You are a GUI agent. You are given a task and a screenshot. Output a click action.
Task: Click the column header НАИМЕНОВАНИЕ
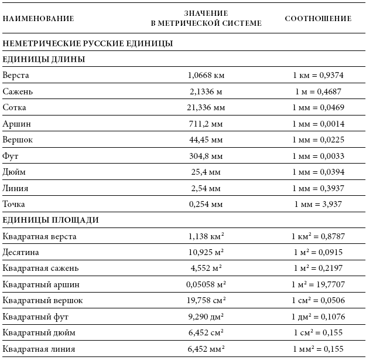coord(39,18)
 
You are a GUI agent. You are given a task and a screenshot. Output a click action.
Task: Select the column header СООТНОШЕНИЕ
coord(318,18)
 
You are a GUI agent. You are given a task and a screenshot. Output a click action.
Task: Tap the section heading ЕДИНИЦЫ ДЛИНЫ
coord(44,59)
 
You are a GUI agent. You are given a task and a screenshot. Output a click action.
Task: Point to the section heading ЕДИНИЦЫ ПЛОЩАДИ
coord(50,220)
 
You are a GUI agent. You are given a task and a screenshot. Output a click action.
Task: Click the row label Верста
coord(16,76)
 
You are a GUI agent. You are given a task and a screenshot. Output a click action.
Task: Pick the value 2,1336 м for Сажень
coord(206,91)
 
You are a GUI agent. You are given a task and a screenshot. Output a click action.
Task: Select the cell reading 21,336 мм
coord(206,108)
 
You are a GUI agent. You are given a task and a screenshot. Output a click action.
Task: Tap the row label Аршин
coord(17,124)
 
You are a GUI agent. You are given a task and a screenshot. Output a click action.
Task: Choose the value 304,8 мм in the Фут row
coord(206,156)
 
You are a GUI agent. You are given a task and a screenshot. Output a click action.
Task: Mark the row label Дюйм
coord(14,172)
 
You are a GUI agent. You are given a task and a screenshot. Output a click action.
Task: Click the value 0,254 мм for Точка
coord(206,204)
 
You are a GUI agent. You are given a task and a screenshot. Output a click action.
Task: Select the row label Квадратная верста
coord(40,236)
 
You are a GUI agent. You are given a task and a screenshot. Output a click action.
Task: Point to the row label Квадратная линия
coord(39,349)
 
